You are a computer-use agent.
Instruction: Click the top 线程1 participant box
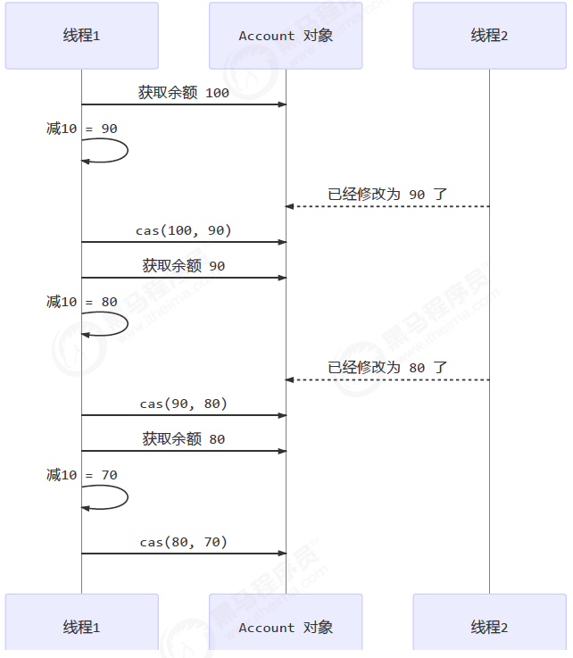coord(81,36)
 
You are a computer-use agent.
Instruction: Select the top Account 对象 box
coord(286,36)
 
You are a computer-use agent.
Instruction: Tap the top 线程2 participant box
coord(489,36)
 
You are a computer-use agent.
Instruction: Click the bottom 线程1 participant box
coord(81,627)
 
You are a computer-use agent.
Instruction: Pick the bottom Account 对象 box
coord(286,627)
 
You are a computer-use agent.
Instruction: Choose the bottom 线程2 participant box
coord(489,627)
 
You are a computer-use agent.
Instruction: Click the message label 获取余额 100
coord(183,93)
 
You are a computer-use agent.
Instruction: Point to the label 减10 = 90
coord(81,129)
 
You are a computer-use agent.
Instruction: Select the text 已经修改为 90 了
coord(387,194)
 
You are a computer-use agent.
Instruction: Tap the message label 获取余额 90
coord(183,266)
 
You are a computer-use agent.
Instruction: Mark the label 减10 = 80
coord(81,302)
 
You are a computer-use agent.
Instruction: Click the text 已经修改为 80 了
coord(387,367)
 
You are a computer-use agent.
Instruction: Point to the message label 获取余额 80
coord(183,439)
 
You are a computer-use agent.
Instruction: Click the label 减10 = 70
coord(81,475)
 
